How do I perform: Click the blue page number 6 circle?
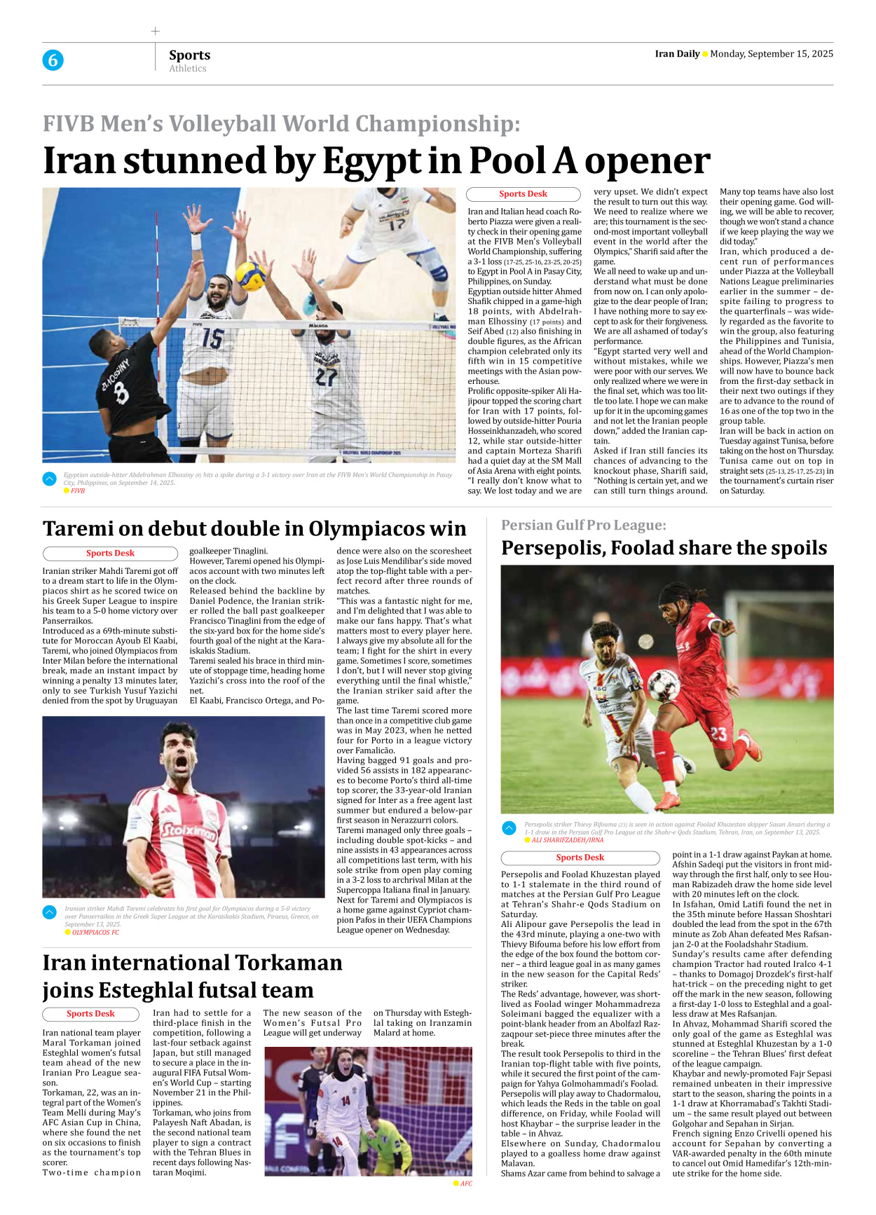coord(53,60)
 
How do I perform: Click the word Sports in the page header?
coord(189,55)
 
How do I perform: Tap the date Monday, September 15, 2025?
coord(772,54)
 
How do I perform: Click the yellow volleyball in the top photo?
coord(249,276)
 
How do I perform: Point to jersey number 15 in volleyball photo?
coord(212,338)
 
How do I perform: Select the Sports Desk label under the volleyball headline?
coord(523,194)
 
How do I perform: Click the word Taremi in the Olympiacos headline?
coord(81,528)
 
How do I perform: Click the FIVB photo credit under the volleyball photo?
coord(77,491)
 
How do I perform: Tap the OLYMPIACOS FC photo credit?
coord(95,933)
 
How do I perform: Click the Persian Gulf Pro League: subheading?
coord(583,525)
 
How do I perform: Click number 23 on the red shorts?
coord(718,734)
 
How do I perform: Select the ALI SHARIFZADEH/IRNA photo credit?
coord(567,840)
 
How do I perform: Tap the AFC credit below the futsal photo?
coord(466,1183)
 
